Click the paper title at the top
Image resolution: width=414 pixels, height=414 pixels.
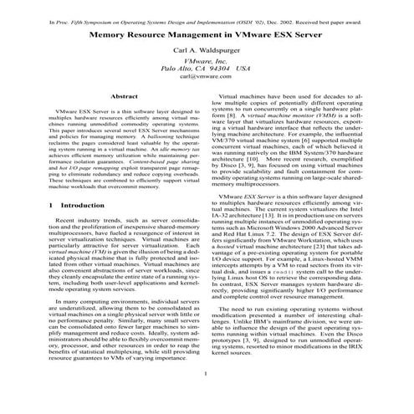[206, 37]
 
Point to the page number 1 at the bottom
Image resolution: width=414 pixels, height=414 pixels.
[206, 396]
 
